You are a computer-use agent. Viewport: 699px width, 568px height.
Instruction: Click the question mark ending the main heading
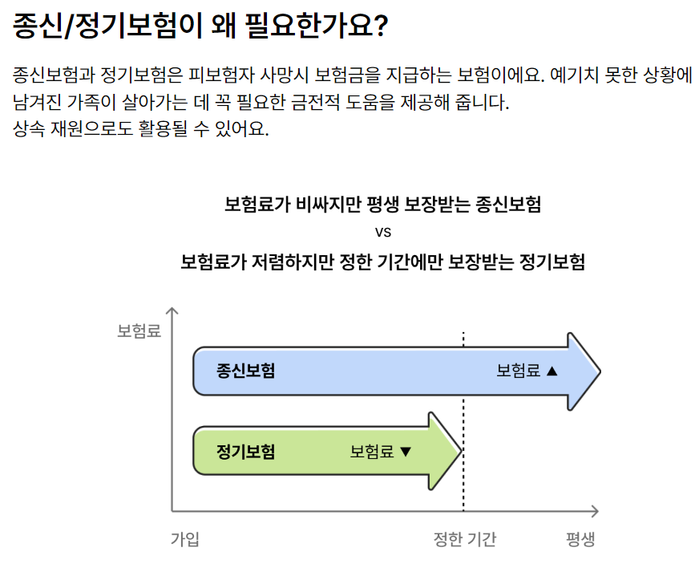(x=380, y=26)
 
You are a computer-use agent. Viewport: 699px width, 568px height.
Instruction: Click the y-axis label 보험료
(x=139, y=331)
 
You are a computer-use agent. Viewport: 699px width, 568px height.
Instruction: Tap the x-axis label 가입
(x=184, y=538)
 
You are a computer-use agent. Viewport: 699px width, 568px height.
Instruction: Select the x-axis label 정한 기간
(x=464, y=538)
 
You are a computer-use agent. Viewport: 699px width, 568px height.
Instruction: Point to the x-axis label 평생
(x=580, y=538)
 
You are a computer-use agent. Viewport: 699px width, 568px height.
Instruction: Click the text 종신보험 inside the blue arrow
(x=245, y=371)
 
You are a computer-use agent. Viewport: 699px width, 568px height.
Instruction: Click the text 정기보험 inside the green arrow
(x=245, y=451)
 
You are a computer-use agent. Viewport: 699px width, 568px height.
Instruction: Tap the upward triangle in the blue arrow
(x=551, y=371)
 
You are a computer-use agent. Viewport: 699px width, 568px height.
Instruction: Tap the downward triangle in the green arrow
(x=405, y=451)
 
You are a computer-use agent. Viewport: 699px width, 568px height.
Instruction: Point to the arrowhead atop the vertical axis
(x=172, y=310)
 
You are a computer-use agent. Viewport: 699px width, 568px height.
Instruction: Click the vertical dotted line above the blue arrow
(x=463, y=339)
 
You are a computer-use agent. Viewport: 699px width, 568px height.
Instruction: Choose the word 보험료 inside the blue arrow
(x=518, y=371)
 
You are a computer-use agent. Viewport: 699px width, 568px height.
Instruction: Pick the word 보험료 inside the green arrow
(x=372, y=451)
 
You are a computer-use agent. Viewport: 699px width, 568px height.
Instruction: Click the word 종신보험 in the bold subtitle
(x=508, y=204)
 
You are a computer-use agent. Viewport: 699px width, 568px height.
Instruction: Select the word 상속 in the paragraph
(x=30, y=129)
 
